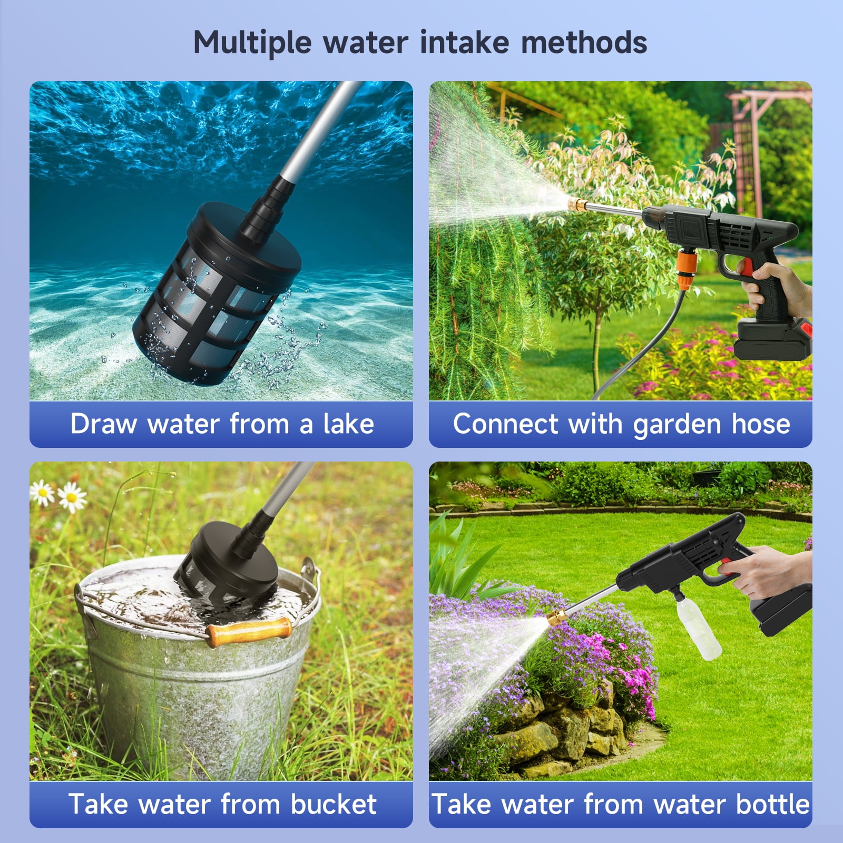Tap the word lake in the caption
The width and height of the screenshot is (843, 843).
click(348, 424)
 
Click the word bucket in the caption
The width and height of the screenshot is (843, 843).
click(334, 804)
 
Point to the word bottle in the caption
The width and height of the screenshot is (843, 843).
click(773, 804)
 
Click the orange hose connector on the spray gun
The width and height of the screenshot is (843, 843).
click(687, 266)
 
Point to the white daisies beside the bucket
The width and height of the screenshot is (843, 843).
click(58, 495)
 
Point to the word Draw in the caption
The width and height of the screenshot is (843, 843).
click(104, 424)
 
